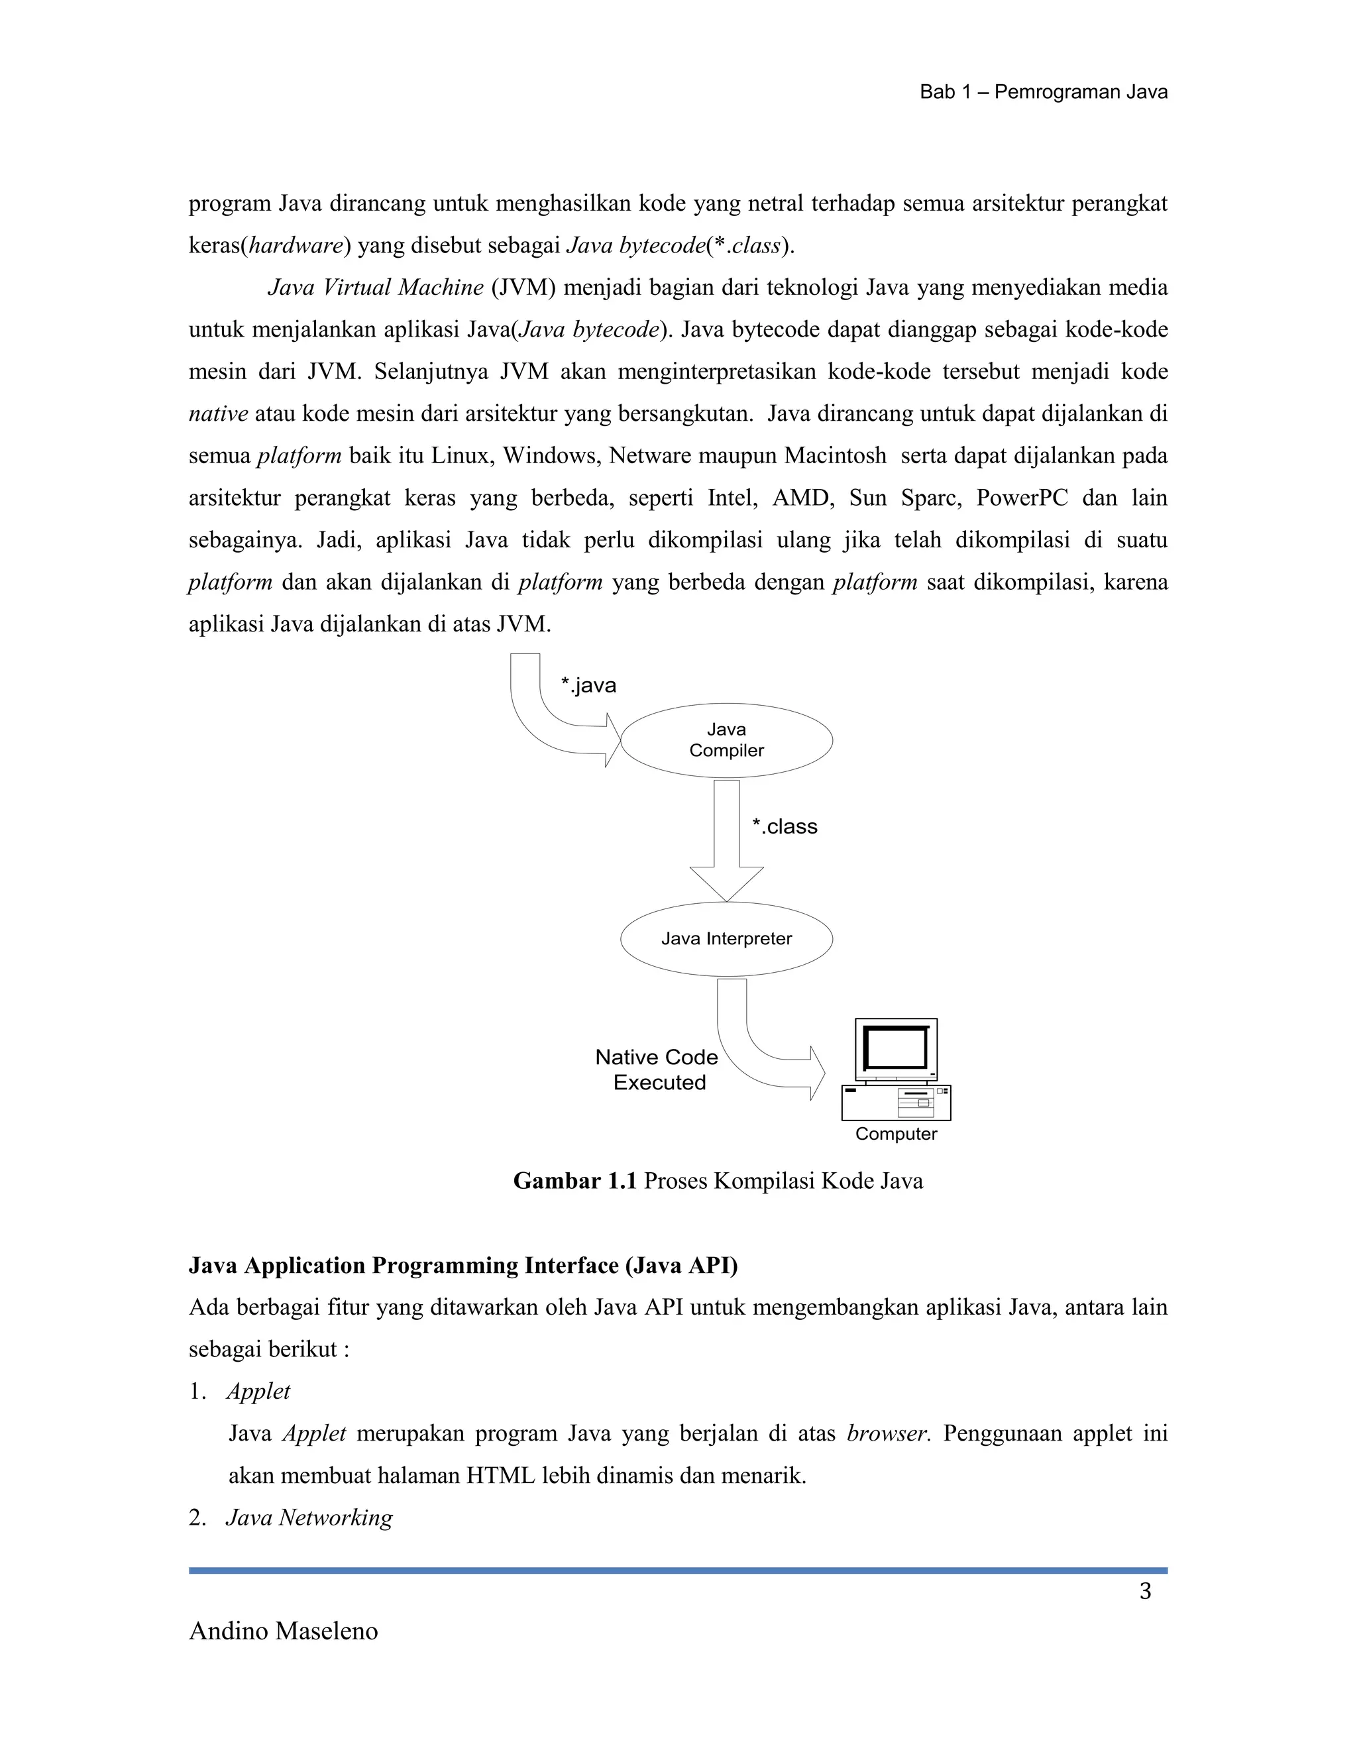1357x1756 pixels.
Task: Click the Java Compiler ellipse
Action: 726,741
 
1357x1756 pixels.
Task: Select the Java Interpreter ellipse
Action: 726,938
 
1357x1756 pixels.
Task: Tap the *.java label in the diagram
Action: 588,685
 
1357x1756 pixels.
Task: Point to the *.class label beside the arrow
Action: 785,826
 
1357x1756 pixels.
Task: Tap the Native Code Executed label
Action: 657,1070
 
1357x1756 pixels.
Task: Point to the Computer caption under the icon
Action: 896,1134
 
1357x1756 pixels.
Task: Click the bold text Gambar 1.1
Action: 574,1181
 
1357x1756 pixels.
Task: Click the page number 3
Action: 1145,1591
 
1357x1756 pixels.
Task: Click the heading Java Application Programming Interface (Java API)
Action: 463,1266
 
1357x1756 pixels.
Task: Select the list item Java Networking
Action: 309,1517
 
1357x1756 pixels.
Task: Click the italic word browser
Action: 887,1433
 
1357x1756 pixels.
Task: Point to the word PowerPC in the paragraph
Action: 1022,498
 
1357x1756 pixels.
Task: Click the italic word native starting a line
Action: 218,414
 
